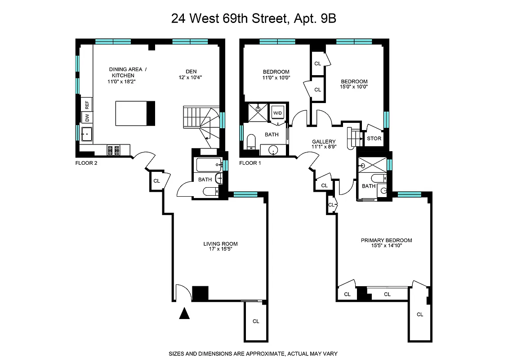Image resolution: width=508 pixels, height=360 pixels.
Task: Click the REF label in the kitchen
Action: coord(87,105)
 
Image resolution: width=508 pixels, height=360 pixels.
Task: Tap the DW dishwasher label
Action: coord(87,118)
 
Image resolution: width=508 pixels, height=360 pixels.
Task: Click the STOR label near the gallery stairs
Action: coord(374,139)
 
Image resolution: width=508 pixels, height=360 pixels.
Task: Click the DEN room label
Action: coord(192,71)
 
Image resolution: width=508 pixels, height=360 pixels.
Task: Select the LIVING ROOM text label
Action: coord(220,244)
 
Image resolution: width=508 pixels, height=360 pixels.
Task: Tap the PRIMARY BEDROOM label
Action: coord(386,240)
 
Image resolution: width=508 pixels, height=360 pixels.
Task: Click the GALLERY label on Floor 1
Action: coord(324,142)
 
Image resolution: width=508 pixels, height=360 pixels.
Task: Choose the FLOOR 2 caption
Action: coord(86,163)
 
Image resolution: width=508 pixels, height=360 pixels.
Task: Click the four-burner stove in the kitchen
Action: coord(113,149)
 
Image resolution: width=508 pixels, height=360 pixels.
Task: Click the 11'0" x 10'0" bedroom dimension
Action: coord(276,77)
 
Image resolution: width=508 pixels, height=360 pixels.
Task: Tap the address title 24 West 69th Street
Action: coord(254,19)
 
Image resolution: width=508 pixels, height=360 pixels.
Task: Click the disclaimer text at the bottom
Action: coord(253,354)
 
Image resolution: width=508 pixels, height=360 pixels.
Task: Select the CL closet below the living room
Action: coord(256,321)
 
